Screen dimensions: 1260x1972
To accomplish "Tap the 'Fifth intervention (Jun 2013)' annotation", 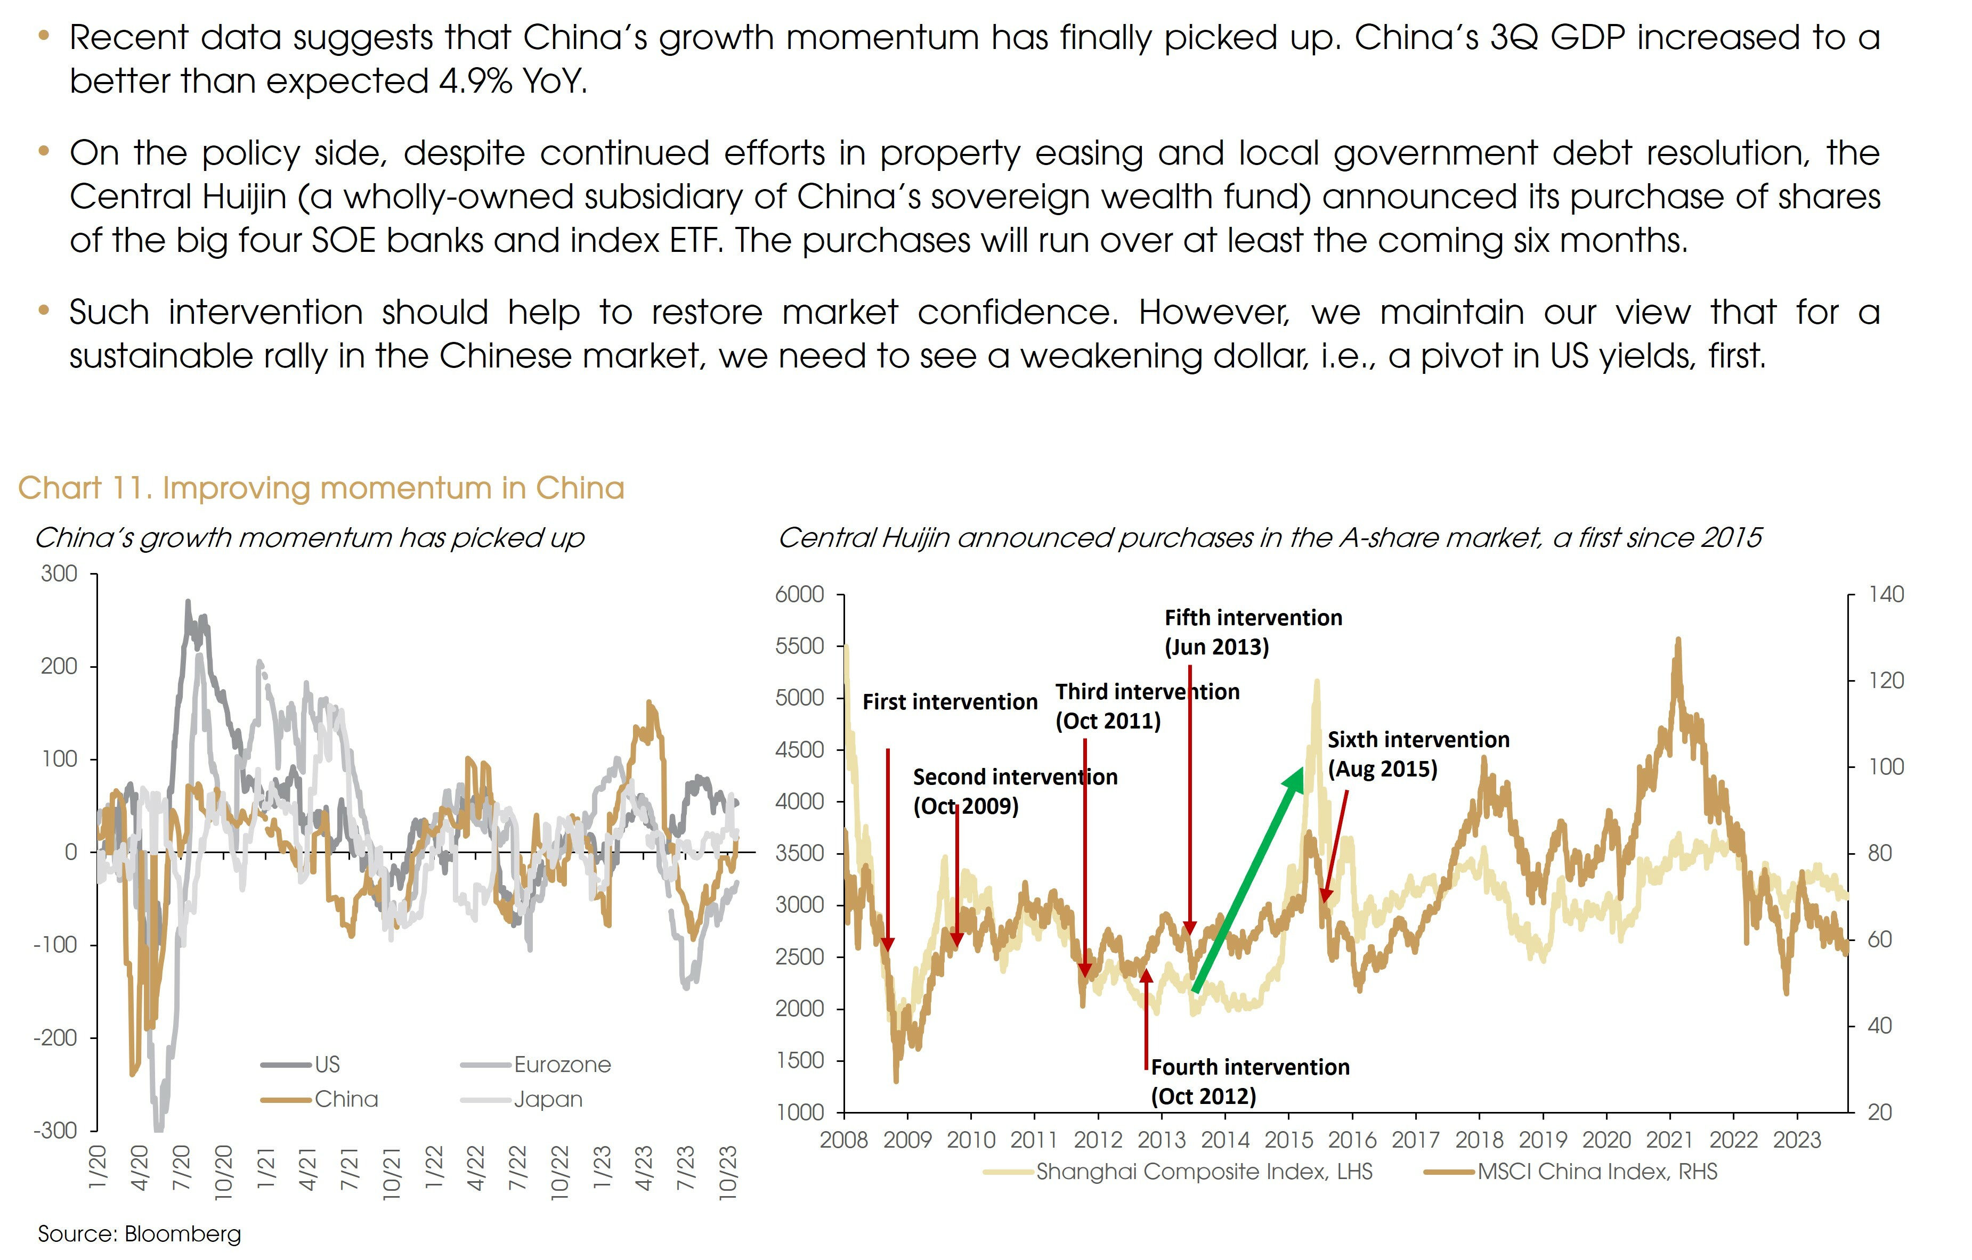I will [x=1253, y=632].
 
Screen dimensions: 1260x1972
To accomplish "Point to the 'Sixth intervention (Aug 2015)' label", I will [x=1417, y=754].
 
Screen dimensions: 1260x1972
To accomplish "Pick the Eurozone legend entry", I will [x=562, y=1065].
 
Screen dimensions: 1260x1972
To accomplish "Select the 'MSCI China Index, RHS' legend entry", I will [x=1597, y=1172].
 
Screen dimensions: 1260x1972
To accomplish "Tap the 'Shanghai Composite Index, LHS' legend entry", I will [x=1204, y=1172].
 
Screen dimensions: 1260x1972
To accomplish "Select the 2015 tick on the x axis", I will [x=1289, y=1140].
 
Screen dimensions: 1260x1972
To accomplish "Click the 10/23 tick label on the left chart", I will [x=727, y=1173].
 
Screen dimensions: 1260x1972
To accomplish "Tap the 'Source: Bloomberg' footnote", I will [x=139, y=1234].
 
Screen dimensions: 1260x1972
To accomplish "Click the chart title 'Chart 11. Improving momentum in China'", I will [x=321, y=488].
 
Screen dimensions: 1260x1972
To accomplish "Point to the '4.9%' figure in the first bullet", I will [x=475, y=81].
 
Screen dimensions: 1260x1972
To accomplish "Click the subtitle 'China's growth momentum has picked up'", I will [x=310, y=538].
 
